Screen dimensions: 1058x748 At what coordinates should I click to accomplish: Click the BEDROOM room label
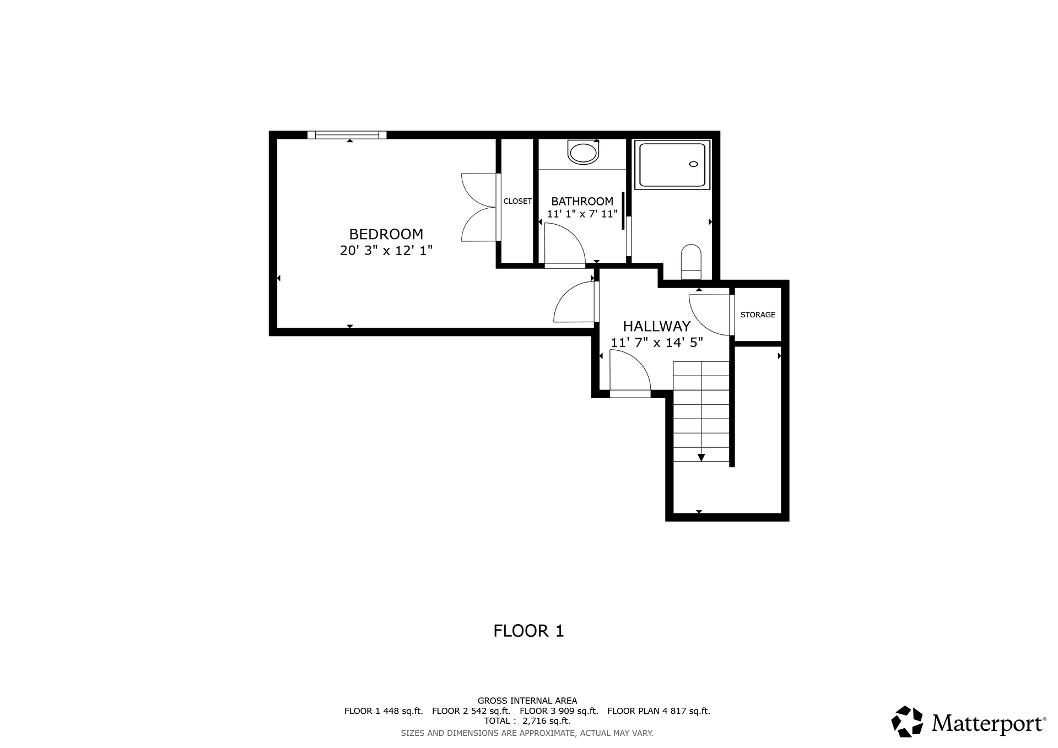click(386, 234)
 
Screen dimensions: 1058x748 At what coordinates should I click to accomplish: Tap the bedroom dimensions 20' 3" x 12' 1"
click(386, 251)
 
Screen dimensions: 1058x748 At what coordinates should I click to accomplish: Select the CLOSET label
click(517, 201)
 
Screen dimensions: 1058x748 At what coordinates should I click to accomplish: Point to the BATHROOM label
click(582, 202)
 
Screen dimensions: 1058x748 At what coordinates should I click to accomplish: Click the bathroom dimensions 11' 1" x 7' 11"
click(582, 214)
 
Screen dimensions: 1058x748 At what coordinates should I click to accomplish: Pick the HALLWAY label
click(656, 326)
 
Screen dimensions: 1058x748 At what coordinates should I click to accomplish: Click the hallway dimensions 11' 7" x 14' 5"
click(656, 343)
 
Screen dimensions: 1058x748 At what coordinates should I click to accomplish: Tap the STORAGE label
click(758, 315)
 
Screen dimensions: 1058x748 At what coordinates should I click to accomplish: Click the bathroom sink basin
click(583, 153)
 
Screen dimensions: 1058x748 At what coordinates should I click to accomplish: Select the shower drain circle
click(693, 164)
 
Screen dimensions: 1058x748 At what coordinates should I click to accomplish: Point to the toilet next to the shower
click(691, 262)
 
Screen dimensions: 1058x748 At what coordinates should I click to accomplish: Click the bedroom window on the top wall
click(347, 135)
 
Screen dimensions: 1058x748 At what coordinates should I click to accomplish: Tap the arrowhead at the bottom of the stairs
click(701, 457)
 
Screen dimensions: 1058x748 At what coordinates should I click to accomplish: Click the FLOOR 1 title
click(528, 631)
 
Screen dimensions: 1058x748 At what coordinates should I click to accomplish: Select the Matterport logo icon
click(907, 721)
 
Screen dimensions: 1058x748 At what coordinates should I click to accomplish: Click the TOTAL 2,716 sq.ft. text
click(527, 721)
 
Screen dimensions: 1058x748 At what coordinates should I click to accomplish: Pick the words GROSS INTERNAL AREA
click(527, 701)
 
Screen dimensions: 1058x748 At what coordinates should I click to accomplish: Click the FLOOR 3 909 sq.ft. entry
click(559, 711)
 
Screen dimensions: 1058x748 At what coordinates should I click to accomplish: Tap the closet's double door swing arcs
click(478, 207)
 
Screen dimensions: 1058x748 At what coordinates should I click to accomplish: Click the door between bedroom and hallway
click(576, 302)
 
